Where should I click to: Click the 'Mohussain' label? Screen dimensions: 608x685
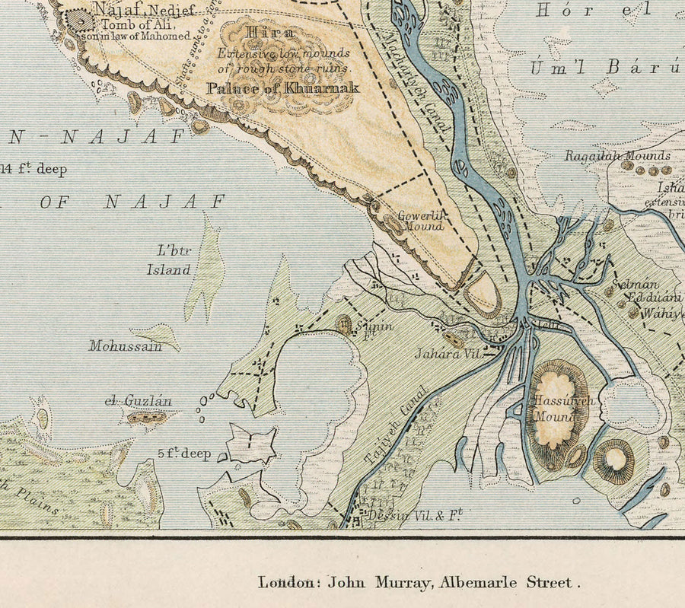[126, 346]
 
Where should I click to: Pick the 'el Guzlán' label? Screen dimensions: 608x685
[139, 401]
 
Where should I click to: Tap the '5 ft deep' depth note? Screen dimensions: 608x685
[184, 454]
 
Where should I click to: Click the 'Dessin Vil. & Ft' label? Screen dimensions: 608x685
[416, 514]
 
